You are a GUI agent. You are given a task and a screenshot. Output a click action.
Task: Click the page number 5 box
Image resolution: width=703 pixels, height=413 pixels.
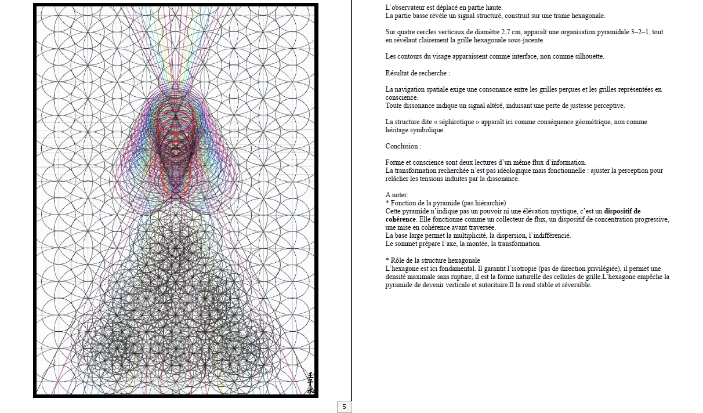344,407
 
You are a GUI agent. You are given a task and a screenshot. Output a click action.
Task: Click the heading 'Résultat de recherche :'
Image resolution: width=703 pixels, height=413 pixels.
418,73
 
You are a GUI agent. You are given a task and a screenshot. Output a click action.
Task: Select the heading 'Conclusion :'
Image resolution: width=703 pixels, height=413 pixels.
403,146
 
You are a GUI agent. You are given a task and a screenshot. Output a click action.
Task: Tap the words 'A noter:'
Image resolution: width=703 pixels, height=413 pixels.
397,195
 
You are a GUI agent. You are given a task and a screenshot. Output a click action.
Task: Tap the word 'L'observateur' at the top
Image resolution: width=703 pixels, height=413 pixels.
404,8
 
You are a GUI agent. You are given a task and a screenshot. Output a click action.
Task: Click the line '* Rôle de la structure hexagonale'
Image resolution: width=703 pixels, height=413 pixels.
433,260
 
